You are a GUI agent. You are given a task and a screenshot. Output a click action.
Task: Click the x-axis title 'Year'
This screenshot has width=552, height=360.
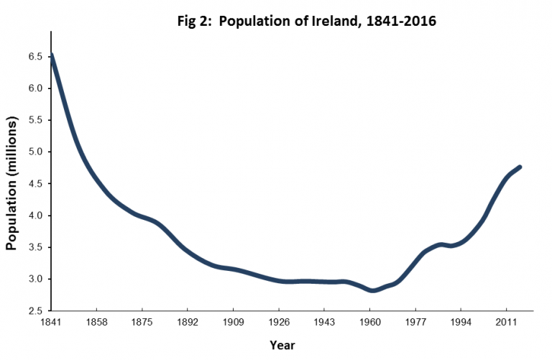point(282,346)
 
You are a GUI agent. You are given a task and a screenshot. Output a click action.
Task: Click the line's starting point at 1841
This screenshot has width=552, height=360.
point(52,55)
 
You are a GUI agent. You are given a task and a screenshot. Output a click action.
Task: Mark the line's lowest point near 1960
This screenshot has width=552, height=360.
point(372,290)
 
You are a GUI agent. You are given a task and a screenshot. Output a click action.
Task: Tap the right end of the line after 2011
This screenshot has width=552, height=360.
point(520,167)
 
